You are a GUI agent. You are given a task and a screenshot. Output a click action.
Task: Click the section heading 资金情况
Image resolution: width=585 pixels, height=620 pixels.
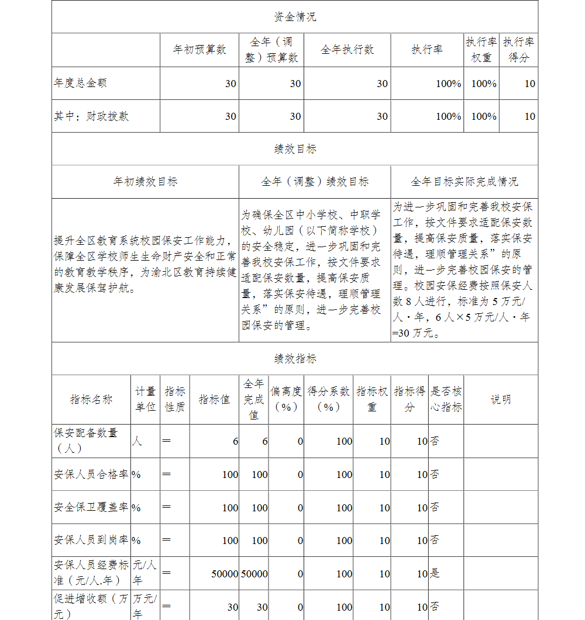[295, 17]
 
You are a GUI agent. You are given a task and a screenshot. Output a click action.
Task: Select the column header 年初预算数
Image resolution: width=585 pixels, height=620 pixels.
[199, 50]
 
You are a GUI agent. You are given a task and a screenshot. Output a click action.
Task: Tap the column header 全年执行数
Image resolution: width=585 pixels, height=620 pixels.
[347, 50]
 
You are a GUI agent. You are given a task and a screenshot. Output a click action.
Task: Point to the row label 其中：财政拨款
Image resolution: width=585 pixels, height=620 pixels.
[91, 116]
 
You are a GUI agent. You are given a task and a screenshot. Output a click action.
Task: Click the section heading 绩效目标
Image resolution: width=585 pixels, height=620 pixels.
[295, 149]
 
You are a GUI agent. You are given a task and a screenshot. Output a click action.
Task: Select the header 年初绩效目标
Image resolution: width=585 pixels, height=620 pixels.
[145, 182]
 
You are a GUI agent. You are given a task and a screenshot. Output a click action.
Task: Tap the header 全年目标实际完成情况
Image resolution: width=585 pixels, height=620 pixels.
[464, 182]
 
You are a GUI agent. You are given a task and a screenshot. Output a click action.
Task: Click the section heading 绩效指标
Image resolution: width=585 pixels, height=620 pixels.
[295, 358]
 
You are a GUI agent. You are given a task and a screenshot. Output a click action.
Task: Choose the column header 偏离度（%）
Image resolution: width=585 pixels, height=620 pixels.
[286, 399]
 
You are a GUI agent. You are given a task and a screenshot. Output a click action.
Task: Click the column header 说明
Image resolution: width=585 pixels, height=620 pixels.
[500, 399]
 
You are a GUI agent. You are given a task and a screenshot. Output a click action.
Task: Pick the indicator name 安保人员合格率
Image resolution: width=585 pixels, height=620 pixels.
[91, 474]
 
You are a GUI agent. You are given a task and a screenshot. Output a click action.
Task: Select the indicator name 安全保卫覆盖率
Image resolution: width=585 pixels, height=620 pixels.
[91, 507]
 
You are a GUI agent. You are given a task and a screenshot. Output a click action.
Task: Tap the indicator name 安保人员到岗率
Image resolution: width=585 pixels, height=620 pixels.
[91, 541]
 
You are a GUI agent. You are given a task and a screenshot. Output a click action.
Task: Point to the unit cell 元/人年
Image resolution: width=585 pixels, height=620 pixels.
[144, 573]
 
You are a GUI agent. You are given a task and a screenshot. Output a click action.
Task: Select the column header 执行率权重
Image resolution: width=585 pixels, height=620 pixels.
[481, 50]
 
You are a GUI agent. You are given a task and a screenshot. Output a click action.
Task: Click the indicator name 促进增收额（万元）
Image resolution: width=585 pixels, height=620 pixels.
[91, 606]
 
